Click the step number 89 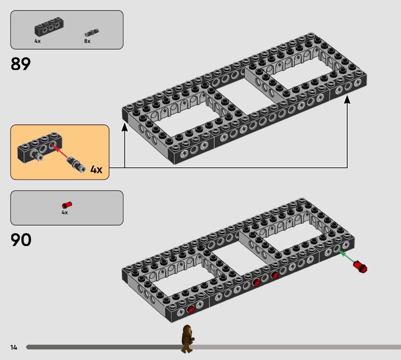(x=21, y=64)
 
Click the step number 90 (x=21, y=240)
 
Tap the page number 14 (x=14, y=347)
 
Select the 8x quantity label (x=87, y=41)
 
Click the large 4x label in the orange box (x=96, y=169)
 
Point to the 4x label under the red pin (x=65, y=213)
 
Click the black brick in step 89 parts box (x=49, y=27)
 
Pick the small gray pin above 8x (x=92, y=33)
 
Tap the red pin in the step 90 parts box (x=67, y=205)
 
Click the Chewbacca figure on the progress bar (x=187, y=339)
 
